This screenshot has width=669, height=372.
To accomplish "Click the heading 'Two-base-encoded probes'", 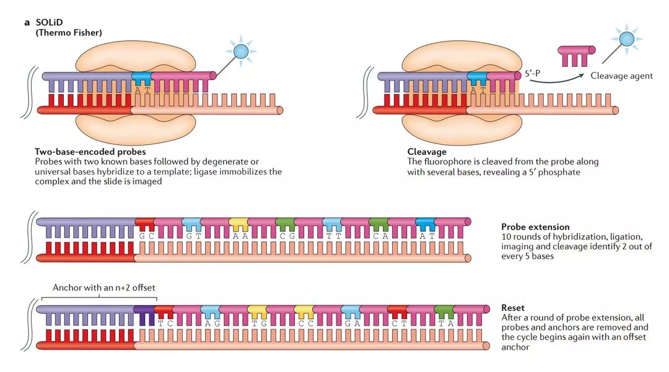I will coord(90,152).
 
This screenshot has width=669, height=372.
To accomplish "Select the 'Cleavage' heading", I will coord(427,152).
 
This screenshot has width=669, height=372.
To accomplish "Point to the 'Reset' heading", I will coord(513,308).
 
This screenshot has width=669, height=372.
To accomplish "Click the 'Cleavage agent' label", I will coord(621,76).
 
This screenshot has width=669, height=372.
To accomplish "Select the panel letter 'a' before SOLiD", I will coord(27,22).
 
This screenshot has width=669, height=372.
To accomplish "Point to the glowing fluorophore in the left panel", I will coord(240,51).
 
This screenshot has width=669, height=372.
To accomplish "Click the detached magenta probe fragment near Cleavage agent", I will coord(576,55).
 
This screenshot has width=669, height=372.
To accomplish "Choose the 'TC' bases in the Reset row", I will coord(164,322).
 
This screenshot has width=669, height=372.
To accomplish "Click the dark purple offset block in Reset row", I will coord(144,314).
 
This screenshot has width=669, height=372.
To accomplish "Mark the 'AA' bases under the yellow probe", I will coord(239,236).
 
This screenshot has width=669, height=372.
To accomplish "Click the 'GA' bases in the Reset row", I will coord(351,322).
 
